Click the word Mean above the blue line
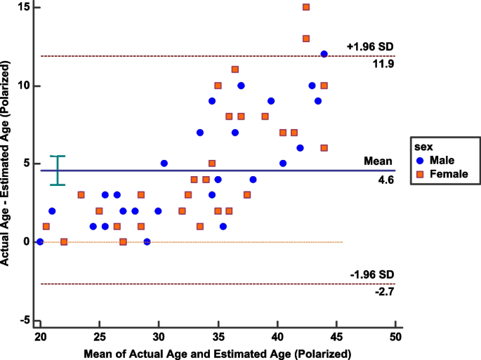point(377,161)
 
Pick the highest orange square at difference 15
point(306,8)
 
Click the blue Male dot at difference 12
point(324,54)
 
